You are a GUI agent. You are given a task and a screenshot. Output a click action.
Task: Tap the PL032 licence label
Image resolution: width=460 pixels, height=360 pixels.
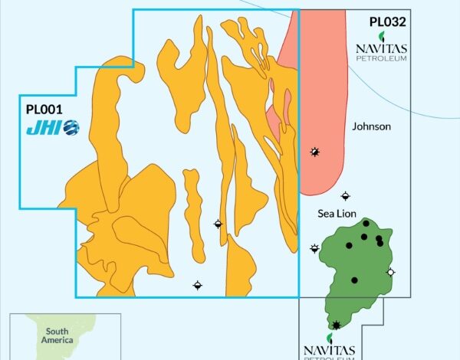coord(387,22)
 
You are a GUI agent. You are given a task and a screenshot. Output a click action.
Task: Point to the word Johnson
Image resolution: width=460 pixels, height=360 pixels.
coord(371,126)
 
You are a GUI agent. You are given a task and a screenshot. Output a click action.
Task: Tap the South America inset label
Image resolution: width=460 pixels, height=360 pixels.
coord(58,334)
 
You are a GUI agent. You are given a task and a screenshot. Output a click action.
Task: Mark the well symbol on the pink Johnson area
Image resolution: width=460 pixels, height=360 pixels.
coord(314,152)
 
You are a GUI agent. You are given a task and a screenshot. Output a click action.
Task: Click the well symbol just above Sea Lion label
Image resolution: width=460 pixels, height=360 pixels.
coord(345,196)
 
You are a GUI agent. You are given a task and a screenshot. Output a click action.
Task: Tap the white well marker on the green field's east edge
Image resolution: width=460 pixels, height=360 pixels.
coord(391,272)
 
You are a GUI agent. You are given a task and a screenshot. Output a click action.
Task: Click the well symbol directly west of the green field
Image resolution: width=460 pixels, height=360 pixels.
coord(314,247)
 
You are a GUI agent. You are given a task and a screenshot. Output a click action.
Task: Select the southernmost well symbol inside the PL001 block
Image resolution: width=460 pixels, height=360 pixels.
coord(198,285)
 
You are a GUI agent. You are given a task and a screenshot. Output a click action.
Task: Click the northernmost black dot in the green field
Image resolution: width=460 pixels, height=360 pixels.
coord(366,224)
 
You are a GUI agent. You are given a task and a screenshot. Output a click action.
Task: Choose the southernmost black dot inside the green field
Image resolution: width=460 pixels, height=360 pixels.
coord(354,280)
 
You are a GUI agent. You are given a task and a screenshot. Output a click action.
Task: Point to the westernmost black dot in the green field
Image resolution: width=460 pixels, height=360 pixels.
coord(350,246)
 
